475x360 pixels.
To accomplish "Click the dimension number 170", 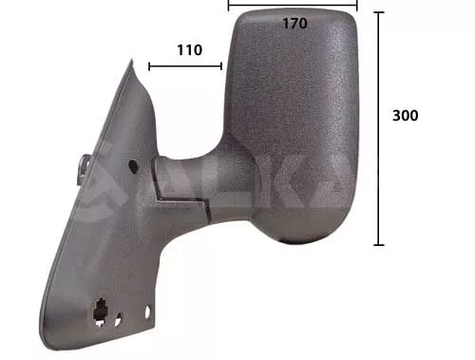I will [x=294, y=23].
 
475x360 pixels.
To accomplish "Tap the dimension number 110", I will [x=189, y=50].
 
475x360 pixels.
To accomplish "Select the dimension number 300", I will [x=406, y=115].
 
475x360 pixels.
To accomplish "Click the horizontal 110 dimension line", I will [x=185, y=66].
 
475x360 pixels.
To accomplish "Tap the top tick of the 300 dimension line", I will [x=379, y=12].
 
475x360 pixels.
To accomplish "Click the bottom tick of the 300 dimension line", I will [x=379, y=244].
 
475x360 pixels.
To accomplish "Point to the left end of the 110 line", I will [x=149, y=66].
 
